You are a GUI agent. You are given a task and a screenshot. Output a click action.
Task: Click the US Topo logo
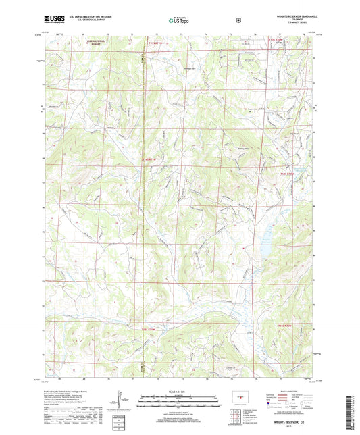coord(179,20)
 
